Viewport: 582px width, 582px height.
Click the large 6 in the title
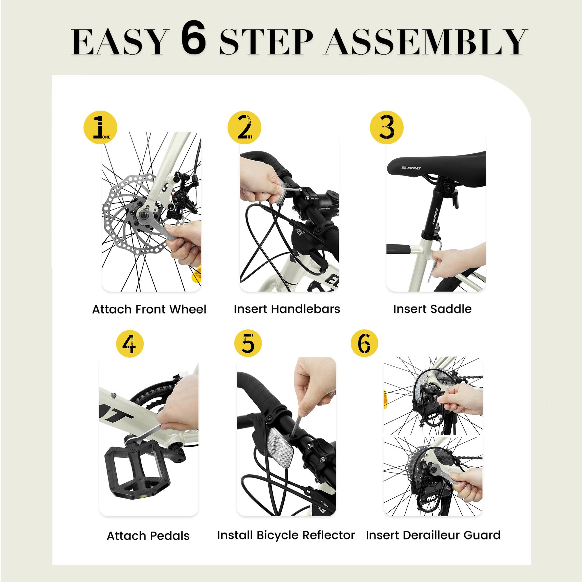click(194, 38)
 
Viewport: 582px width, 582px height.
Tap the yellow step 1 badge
click(100, 127)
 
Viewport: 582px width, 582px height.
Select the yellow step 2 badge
click(244, 127)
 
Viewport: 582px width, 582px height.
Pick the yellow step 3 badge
click(386, 127)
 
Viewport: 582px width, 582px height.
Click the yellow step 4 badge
click(130, 344)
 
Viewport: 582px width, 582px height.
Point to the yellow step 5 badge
click(248, 343)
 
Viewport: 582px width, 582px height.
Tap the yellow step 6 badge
click(364, 343)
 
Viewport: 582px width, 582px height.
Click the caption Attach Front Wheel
click(149, 309)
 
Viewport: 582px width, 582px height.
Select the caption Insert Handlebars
click(287, 309)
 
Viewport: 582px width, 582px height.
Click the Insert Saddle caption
click(432, 309)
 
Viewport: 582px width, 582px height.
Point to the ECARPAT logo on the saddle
click(411, 168)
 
